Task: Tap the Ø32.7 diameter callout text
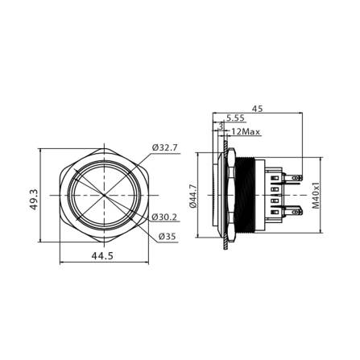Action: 165,148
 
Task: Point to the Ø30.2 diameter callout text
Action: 165,217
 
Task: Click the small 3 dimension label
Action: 221,125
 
